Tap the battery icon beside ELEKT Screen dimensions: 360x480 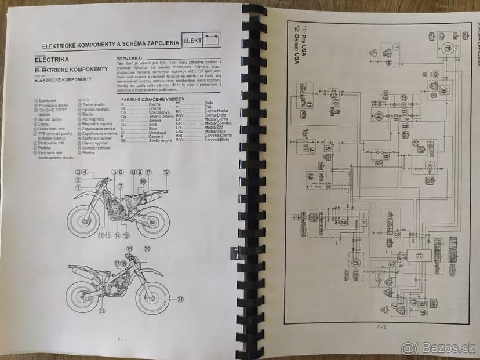(x=212, y=41)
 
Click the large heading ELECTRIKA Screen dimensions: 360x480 (x=52, y=59)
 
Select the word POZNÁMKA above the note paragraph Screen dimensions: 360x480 (x=131, y=59)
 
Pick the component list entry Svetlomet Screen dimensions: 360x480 (x=48, y=100)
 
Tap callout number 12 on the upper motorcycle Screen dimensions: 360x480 (x=166, y=172)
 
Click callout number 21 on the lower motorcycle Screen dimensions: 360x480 (x=180, y=299)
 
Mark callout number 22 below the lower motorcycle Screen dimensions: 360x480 (x=102, y=311)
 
